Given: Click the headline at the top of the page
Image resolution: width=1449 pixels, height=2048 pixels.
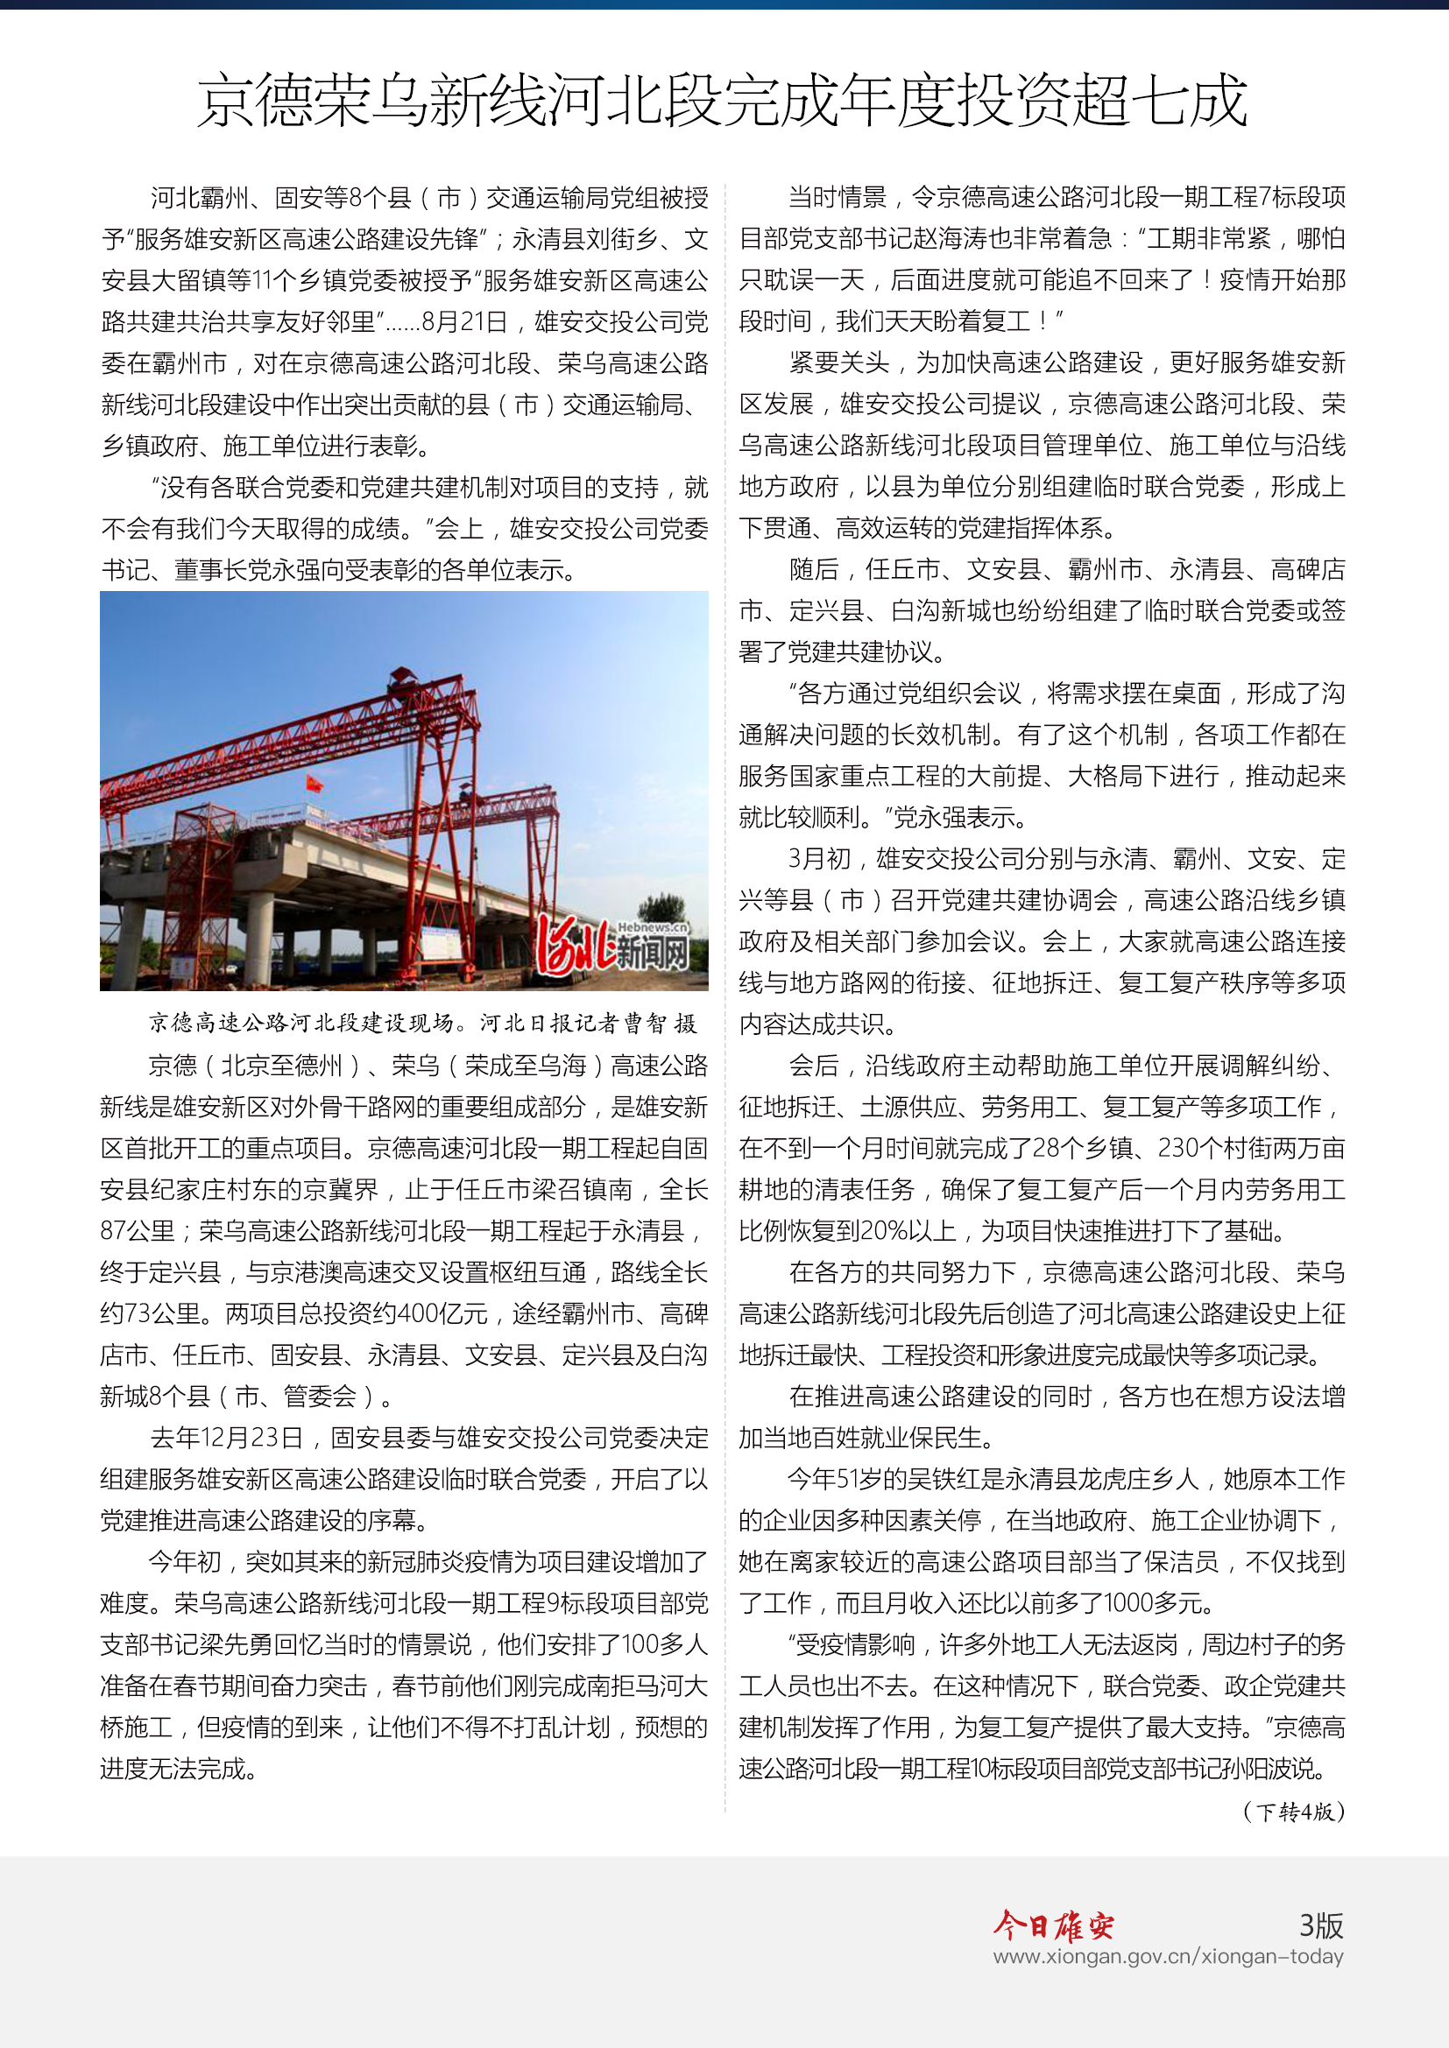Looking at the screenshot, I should [723, 100].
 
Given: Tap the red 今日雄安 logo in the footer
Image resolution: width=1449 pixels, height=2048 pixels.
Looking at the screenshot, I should [1054, 1925].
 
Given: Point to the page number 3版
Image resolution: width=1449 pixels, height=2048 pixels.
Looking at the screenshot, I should [1320, 1925].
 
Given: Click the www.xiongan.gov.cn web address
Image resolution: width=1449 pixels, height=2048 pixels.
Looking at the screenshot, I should [1168, 1957].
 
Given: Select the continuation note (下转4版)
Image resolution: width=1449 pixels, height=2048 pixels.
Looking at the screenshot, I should [1293, 1812].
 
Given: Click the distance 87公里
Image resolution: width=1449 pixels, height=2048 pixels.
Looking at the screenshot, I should [138, 1231].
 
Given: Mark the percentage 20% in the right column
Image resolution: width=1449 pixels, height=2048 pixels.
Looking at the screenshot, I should [883, 1231].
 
